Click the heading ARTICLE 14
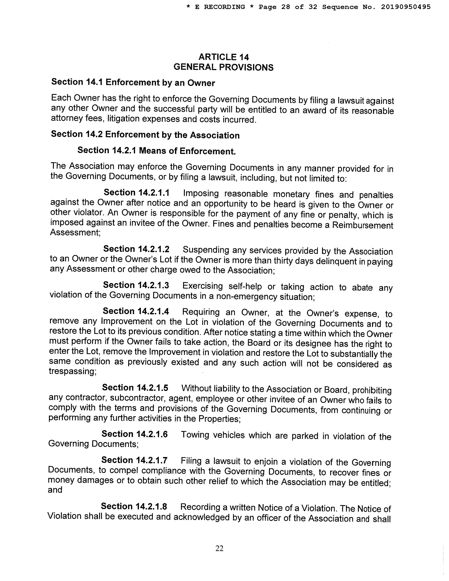pos(223,57)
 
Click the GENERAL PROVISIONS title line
pos(223,67)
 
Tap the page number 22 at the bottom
pos(219,548)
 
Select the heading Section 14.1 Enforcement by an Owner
pos(133,82)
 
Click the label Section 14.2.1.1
pos(136,192)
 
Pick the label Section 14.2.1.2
pos(136,249)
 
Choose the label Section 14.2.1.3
pos(136,285)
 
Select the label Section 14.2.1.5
pos(135,388)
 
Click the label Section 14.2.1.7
pos(134,460)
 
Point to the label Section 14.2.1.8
pos(134,506)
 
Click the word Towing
pos(195,435)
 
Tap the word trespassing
pos(73,371)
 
